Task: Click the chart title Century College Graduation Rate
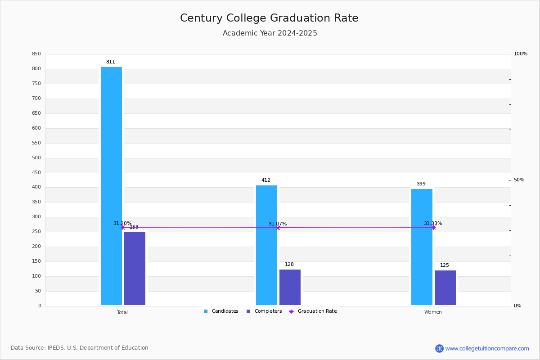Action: pos(269,18)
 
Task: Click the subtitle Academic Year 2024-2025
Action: pos(270,33)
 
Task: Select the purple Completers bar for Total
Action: pos(135,269)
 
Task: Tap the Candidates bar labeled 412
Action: pos(266,245)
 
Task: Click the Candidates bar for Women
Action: pos(422,247)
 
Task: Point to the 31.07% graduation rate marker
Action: pos(278,228)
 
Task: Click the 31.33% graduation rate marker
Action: pos(433,227)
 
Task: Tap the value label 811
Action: pos(111,62)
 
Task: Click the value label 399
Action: pos(421,184)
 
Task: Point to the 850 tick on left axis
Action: pos(36,54)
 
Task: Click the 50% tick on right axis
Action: pos(519,180)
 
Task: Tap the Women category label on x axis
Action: pos(433,312)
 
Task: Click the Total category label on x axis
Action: pos(122,312)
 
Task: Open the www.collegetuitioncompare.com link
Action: pos(487,348)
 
